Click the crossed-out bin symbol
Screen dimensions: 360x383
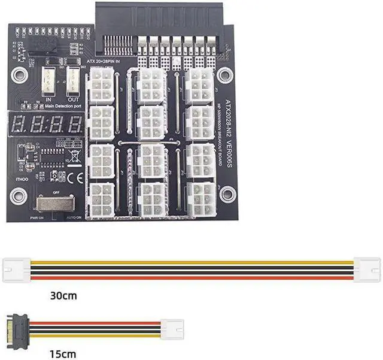(x=75, y=158)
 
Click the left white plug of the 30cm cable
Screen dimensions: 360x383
(x=17, y=266)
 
